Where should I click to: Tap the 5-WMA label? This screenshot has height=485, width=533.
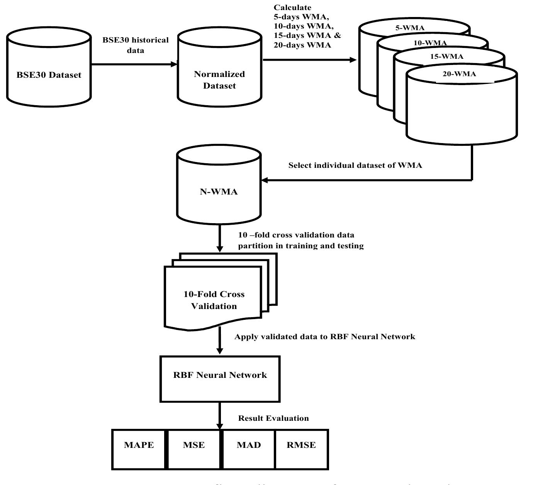(x=410, y=28)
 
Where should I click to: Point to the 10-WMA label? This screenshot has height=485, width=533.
(x=430, y=43)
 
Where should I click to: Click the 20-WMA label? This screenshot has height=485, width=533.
(x=459, y=74)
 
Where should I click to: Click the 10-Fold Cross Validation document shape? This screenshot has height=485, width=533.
(x=214, y=300)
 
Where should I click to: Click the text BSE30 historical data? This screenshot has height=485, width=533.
(x=136, y=45)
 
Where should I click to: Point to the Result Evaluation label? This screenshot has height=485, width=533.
(x=273, y=418)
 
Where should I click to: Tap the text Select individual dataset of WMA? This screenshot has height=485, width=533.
(x=355, y=166)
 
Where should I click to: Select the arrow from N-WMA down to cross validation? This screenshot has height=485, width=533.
(x=219, y=237)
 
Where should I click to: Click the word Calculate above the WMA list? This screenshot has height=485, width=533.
(x=292, y=8)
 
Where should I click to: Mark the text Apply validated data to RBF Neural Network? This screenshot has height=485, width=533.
(x=325, y=337)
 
